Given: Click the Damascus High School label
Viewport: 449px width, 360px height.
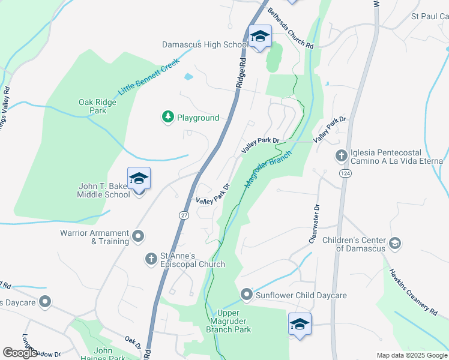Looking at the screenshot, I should click(205, 44).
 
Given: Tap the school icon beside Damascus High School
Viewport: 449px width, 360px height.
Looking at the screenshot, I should click(260, 38).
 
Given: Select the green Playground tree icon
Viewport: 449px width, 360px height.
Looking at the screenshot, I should click(169, 117).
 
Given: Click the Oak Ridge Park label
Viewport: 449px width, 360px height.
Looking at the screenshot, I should click(97, 106).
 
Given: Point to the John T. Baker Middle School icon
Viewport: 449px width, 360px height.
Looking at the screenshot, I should click(139, 178).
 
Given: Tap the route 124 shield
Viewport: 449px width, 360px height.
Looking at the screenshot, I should click(346, 173).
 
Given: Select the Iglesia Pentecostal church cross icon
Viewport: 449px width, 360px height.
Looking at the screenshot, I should click(342, 157).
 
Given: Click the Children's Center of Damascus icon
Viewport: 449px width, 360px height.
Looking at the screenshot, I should click(395, 243).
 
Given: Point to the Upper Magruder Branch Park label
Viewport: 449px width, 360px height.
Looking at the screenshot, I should click(228, 321).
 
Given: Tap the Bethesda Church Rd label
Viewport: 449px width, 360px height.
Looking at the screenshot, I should click(291, 28).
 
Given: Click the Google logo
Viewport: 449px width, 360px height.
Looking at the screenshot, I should click(20, 352).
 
